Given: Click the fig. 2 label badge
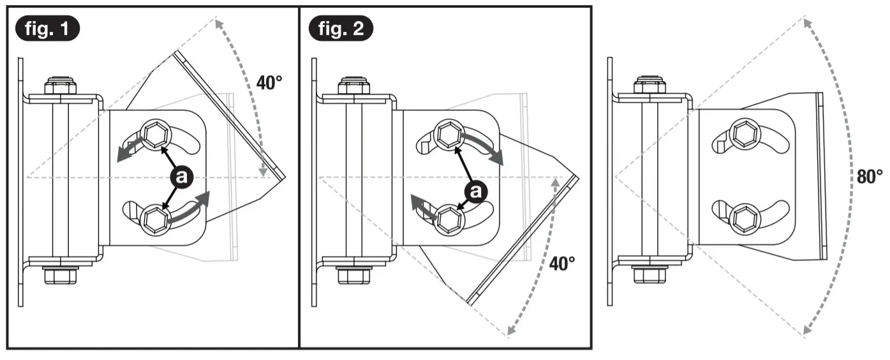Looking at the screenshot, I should [341, 29].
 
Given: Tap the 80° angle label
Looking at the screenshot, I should [869, 177].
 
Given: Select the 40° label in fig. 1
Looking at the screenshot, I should [269, 82].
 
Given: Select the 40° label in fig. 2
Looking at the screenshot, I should [563, 262].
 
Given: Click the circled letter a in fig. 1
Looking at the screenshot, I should [181, 177].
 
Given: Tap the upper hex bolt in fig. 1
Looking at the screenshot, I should [153, 133].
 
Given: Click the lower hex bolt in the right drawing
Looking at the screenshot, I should [743, 218].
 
